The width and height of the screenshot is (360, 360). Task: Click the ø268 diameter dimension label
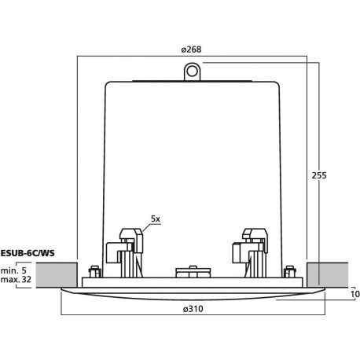(x=191, y=50)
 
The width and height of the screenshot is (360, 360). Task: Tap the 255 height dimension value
(x=319, y=175)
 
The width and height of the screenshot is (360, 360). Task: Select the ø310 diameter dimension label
(x=193, y=309)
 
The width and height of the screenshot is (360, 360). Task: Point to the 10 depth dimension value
(x=355, y=294)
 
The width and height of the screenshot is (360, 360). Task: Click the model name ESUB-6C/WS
(x=28, y=253)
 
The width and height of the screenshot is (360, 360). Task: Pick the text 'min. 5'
(x=13, y=270)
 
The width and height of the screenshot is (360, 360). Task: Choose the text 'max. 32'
(x=16, y=279)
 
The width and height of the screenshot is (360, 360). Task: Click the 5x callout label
(x=156, y=219)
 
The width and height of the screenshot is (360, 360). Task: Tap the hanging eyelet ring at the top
(x=192, y=72)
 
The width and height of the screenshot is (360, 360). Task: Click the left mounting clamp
(x=125, y=252)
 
